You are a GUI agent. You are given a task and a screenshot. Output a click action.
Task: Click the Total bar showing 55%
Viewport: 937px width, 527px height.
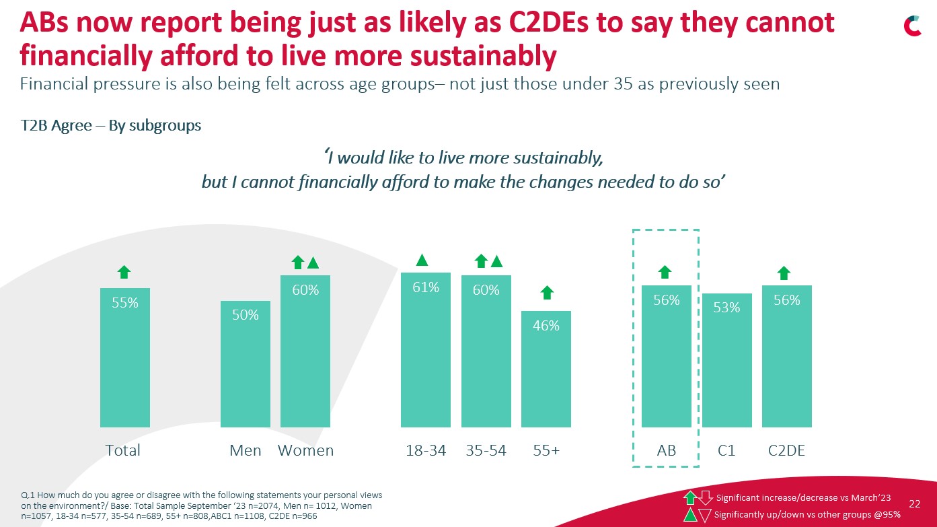pyautogui.click(x=124, y=357)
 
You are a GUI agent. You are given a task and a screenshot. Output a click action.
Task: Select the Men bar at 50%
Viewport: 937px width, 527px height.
pyautogui.click(x=246, y=363)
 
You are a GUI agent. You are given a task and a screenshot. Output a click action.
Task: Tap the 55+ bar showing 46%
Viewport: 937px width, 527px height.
pyautogui.click(x=546, y=369)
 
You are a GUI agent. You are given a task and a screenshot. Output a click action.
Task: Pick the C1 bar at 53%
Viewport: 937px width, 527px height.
pyautogui.click(x=726, y=360)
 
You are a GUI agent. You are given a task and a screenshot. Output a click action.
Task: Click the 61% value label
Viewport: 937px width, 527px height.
pyautogui.click(x=426, y=287)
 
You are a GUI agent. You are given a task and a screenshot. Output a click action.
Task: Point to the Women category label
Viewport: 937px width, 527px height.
pyautogui.click(x=306, y=450)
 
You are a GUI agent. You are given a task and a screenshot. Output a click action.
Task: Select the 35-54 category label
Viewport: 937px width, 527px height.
pyautogui.click(x=486, y=450)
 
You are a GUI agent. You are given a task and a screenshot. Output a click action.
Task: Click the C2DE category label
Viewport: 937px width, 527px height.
pyautogui.click(x=786, y=450)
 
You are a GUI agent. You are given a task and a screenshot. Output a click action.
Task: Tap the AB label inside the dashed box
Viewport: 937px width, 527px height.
pyautogui.click(x=666, y=450)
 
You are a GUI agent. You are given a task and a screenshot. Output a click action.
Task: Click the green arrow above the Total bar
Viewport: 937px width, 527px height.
pyautogui.click(x=124, y=272)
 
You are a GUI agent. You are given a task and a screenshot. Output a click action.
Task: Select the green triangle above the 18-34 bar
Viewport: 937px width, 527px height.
pyautogui.click(x=422, y=259)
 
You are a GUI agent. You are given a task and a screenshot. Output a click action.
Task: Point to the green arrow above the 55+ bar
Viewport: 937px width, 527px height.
pyautogui.click(x=547, y=293)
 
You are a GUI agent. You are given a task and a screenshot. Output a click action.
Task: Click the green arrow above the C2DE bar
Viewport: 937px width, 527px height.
pyautogui.click(x=784, y=273)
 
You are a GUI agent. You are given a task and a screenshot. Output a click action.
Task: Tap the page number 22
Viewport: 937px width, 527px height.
pyautogui.click(x=915, y=503)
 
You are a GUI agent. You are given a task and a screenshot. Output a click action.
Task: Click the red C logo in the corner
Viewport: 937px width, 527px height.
pyautogui.click(x=912, y=26)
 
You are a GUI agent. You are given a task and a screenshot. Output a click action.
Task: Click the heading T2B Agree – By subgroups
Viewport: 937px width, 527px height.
pyautogui.click(x=111, y=126)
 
